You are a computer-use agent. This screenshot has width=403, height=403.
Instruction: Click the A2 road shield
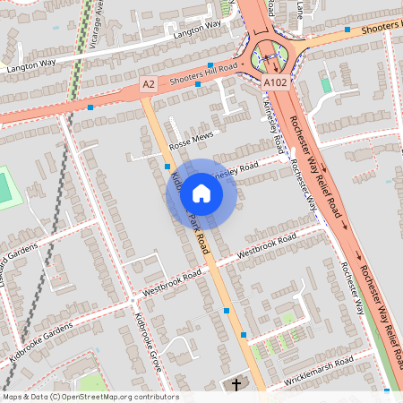point(149,83)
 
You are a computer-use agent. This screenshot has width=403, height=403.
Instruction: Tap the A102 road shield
point(276,82)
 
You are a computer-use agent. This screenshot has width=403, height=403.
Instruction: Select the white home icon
point(201,193)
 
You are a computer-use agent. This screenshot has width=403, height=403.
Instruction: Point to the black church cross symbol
point(237,385)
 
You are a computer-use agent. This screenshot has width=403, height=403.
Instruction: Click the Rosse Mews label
point(193,139)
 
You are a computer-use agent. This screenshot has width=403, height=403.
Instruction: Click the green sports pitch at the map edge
point(5,188)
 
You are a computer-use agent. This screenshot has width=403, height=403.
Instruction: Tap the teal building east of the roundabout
point(326,85)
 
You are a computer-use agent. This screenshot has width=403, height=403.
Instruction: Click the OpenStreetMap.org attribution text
point(122,396)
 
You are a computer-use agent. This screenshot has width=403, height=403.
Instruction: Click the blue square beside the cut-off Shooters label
point(347,30)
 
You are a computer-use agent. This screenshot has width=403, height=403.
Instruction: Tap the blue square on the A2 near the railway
point(90,108)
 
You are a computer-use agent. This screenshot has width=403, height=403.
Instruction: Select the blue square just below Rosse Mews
point(167,166)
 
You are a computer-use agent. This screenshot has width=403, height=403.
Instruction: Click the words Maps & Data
point(24,396)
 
